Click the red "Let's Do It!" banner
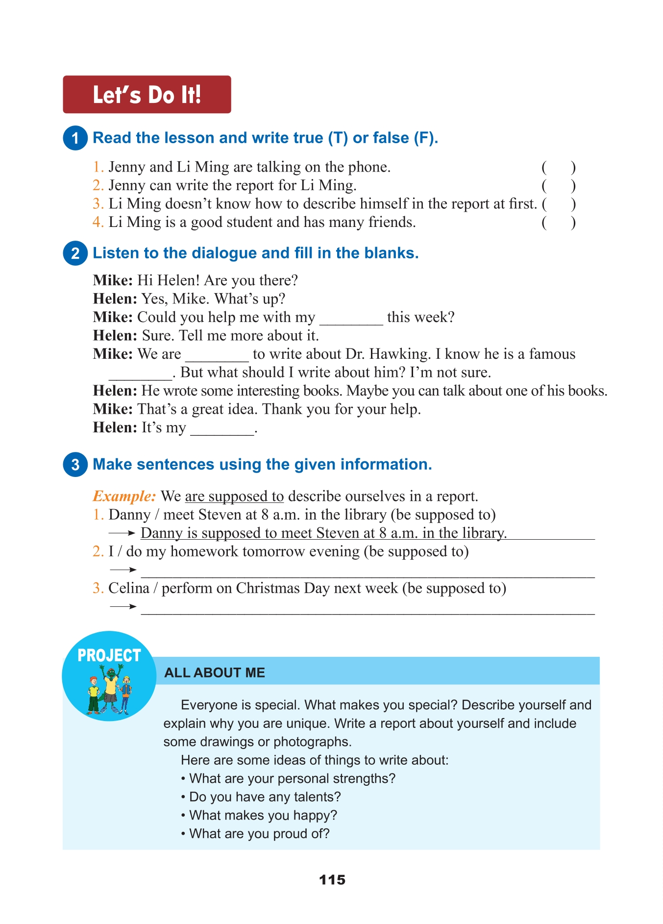[x=147, y=95]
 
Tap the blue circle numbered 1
[x=75, y=138]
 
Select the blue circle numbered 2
[x=75, y=253]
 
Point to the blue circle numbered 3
[x=75, y=464]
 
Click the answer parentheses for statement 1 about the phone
[x=558, y=168]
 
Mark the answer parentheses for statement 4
[x=558, y=223]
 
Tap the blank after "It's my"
[x=222, y=430]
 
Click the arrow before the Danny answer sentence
[x=122, y=533]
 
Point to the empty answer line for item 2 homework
[x=368, y=572]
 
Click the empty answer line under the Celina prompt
[x=368, y=609]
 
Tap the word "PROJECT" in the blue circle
[x=109, y=655]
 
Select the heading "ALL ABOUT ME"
[x=215, y=673]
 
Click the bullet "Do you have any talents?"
[x=265, y=797]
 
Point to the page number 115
[x=332, y=880]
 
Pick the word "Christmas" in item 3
[x=268, y=588]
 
